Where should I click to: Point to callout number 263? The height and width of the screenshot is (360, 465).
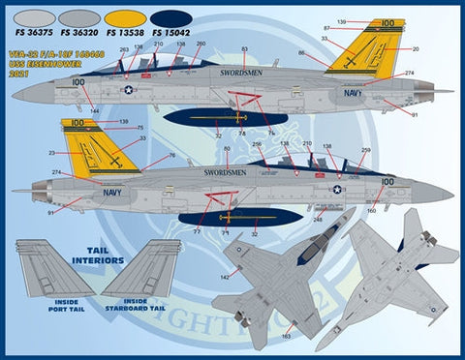123,47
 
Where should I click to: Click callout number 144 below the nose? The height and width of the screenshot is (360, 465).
94,113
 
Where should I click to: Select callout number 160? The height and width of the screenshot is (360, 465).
372,210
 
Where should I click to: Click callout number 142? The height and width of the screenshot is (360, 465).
224,277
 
